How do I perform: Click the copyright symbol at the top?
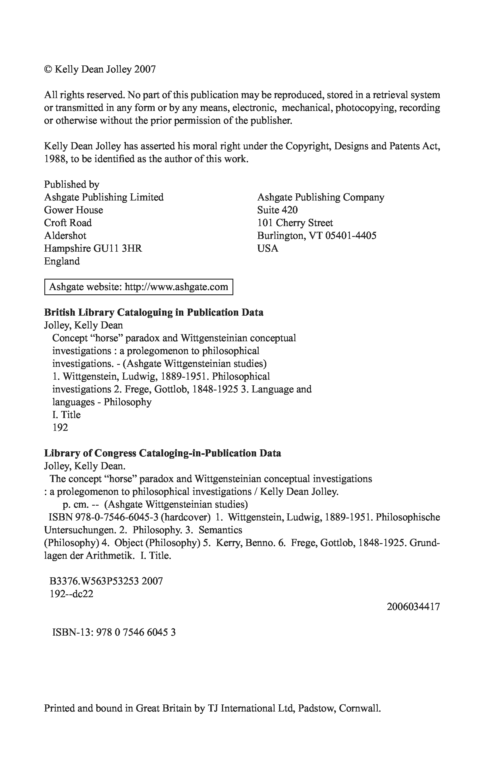coord(47,69)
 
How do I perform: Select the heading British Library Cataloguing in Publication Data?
coord(154,313)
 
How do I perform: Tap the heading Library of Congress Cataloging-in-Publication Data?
coord(162,453)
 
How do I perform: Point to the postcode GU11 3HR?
coord(117,249)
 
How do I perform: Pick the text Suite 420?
coord(277,210)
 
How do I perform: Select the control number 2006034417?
coord(413,607)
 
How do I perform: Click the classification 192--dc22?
coord(72,594)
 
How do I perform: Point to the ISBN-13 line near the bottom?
coord(114,632)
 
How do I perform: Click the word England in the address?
coord(62,261)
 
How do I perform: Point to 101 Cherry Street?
coord(295,223)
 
